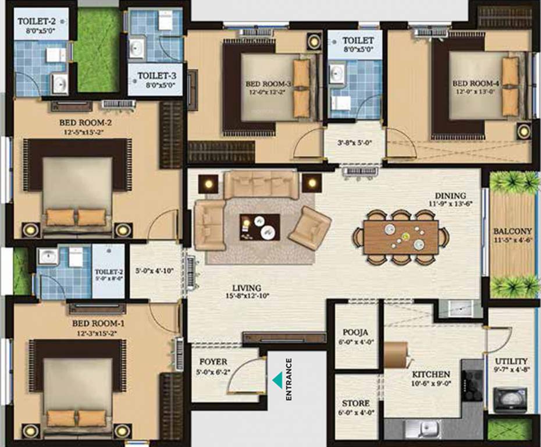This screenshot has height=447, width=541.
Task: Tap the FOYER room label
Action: (x=213, y=362)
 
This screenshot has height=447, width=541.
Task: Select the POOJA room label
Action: (x=354, y=332)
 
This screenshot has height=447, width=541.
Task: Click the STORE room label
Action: (x=355, y=403)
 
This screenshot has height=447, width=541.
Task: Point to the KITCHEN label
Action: (x=431, y=374)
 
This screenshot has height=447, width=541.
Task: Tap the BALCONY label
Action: (x=512, y=230)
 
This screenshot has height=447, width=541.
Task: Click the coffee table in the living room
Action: (x=259, y=226)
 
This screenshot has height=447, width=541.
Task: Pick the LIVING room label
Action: (x=247, y=288)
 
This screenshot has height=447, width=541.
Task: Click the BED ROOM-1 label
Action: (x=95, y=323)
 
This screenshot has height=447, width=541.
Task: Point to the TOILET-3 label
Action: (x=156, y=76)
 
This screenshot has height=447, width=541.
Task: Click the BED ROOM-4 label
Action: (x=475, y=83)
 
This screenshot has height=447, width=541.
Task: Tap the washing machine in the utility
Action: (x=506, y=400)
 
